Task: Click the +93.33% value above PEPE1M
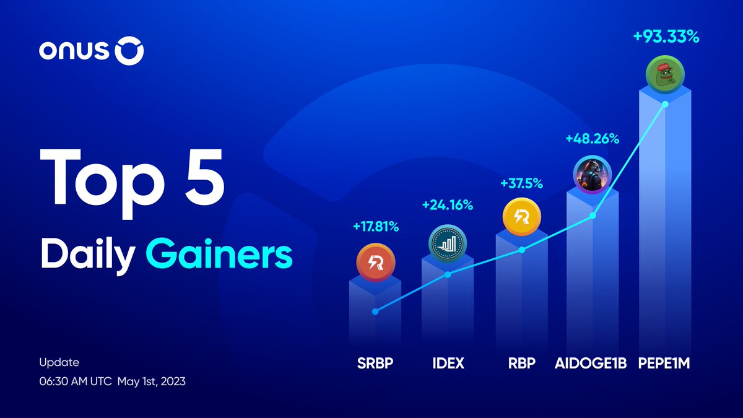click(666, 38)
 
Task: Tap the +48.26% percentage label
click(592, 139)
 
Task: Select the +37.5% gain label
click(521, 183)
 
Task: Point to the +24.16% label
click(447, 205)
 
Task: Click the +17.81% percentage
click(375, 227)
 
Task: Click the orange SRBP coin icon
click(375, 263)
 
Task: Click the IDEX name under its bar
click(448, 364)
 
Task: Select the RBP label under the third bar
click(521, 364)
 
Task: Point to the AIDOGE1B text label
click(593, 364)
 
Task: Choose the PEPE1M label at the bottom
click(664, 364)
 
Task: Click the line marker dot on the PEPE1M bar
click(665, 104)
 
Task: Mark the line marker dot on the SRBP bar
click(375, 311)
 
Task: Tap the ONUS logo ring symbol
click(129, 53)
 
